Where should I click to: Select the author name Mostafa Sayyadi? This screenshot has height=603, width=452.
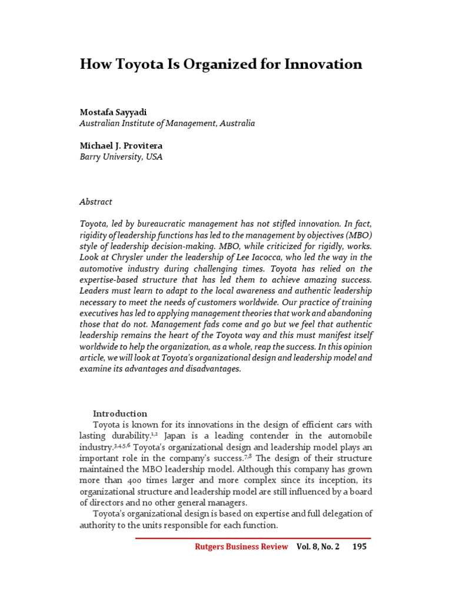coord(114,112)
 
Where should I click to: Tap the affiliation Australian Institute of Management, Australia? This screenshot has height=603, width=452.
coord(167,124)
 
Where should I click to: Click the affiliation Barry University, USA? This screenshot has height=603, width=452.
coord(121,157)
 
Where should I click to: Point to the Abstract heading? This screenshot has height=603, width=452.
coord(95,201)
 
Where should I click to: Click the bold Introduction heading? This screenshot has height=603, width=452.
coord(120,413)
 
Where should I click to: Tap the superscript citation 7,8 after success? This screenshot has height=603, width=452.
coord(247,456)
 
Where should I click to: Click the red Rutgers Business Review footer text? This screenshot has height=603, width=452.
coord(241,546)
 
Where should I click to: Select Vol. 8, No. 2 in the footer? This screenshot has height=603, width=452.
coord(318,546)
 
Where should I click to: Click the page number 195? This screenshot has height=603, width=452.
coord(359,546)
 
